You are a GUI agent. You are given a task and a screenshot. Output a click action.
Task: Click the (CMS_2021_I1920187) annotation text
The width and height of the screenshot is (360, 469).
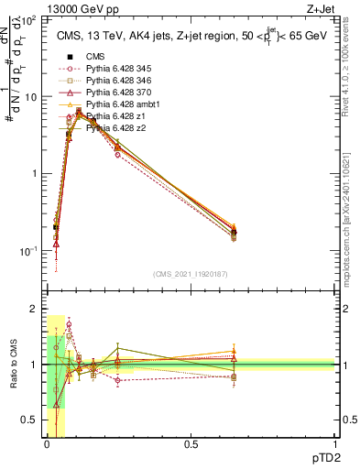click(x=191, y=274)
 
